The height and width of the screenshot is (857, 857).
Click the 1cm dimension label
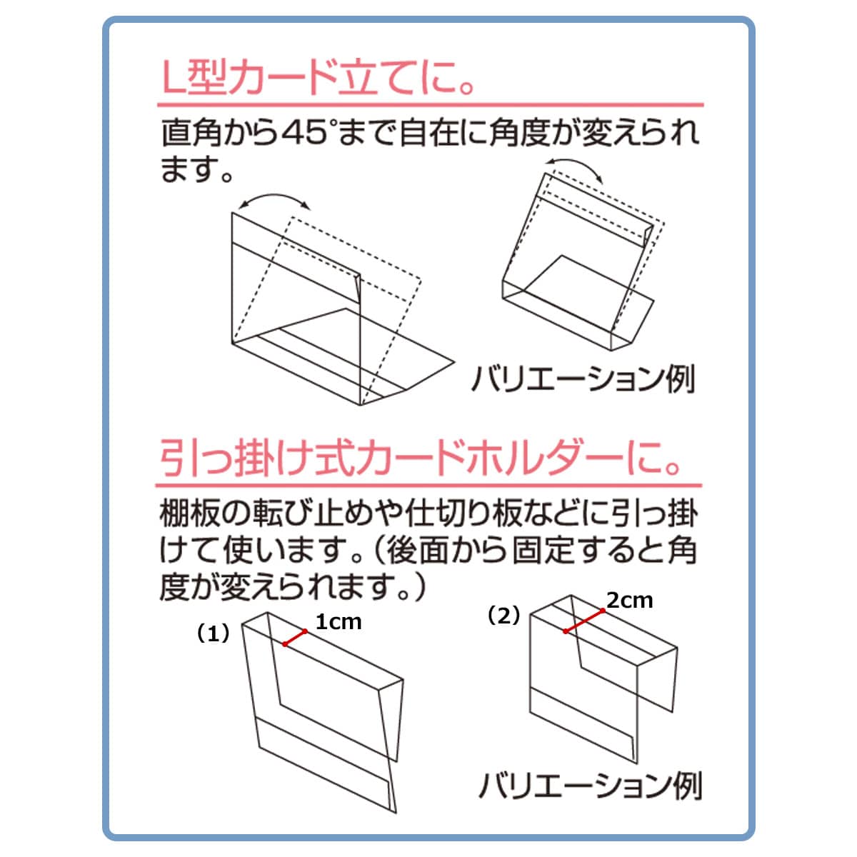point(339,622)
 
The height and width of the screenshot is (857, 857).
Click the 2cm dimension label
point(630,601)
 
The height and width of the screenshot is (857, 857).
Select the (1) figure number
point(214,634)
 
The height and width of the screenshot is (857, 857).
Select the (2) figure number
point(504,616)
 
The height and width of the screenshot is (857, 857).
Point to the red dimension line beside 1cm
point(295,637)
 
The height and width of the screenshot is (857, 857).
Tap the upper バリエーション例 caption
point(583,379)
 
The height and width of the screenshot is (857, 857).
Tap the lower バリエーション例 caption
point(590,786)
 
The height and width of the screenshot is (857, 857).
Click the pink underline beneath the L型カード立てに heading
point(430,106)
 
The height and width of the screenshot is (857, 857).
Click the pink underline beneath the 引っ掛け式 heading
point(428,486)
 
